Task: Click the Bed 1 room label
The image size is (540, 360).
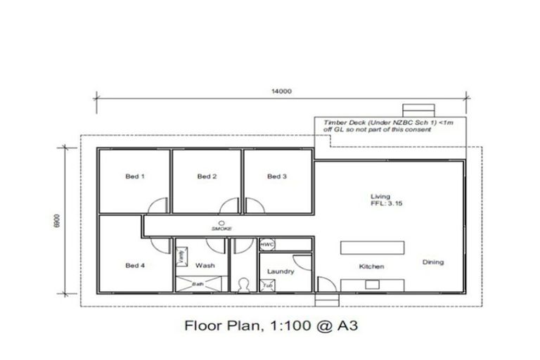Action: click(135, 176)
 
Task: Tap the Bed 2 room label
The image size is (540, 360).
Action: click(205, 176)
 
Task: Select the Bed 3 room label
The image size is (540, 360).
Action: click(277, 176)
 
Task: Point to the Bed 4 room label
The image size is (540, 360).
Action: click(135, 265)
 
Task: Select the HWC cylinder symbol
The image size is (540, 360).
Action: click(266, 245)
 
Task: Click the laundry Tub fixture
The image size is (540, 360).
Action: click(267, 285)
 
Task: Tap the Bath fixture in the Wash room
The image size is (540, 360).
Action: click(200, 285)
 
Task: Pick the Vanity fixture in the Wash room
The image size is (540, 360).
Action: click(181, 257)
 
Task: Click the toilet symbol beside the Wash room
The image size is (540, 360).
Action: click(244, 285)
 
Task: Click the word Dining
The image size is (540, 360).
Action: click(433, 262)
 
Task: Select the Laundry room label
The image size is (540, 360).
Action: click(280, 271)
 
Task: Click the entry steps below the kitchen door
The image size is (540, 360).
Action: click(324, 300)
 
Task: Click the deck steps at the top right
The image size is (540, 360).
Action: click(413, 110)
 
